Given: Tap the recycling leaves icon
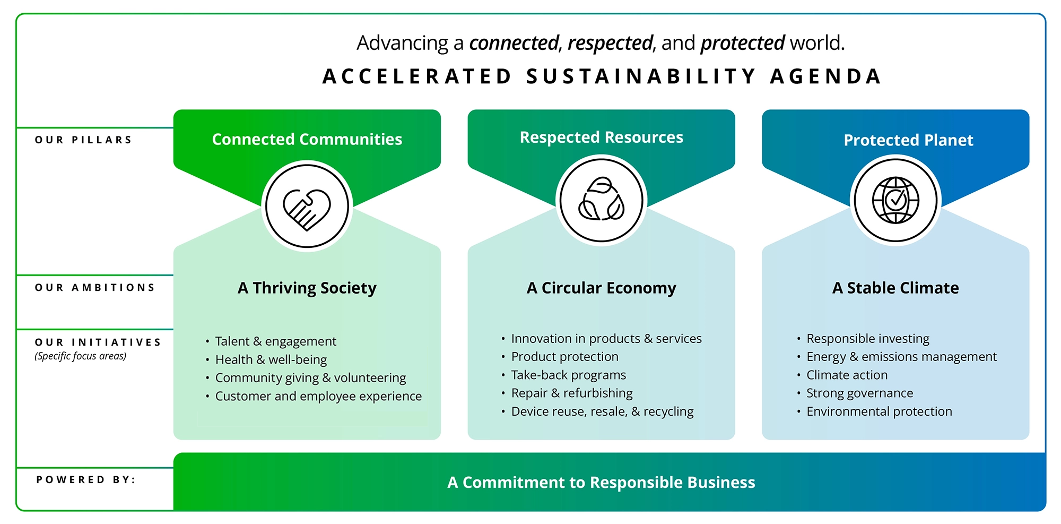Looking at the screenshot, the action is (601, 199).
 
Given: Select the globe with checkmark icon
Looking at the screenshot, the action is (895, 200).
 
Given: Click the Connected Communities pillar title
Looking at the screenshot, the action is (307, 139).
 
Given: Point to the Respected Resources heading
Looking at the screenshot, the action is (602, 137).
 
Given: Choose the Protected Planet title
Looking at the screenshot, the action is (908, 140).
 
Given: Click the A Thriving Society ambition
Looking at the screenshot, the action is (307, 288).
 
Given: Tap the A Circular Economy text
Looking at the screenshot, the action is (602, 288).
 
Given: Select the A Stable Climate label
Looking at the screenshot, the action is (895, 288).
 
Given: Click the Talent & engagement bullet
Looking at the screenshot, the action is (275, 341).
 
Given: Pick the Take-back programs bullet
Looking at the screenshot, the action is (569, 375).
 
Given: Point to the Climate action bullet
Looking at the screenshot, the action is (847, 375).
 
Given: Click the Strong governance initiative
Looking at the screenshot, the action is (859, 393).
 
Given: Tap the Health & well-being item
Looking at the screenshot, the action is (271, 360).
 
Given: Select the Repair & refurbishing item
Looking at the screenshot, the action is (572, 393).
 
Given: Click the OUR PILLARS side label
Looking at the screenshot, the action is (83, 140).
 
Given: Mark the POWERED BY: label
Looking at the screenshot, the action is (86, 480).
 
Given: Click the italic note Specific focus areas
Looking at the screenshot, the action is (81, 356).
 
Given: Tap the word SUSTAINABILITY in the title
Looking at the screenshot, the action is (641, 76).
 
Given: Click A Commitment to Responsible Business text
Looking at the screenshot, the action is (601, 482).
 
